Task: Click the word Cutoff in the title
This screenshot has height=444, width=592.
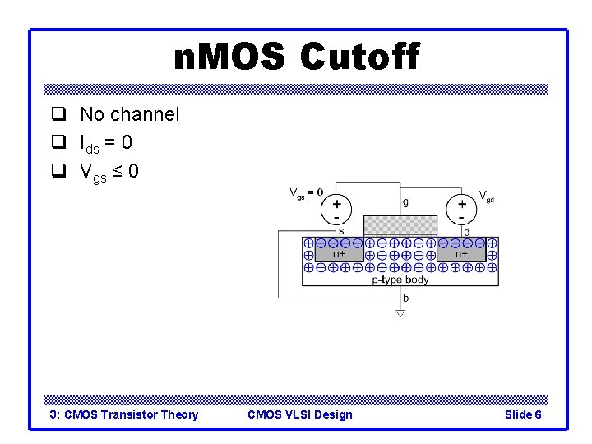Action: [359, 58]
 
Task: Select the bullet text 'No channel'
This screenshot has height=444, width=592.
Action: [129, 114]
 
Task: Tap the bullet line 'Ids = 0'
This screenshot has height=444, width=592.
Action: [106, 143]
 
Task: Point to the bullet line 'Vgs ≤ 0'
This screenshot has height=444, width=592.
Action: [109, 172]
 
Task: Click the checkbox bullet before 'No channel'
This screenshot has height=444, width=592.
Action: [58, 114]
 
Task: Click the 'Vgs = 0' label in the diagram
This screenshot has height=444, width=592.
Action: [307, 194]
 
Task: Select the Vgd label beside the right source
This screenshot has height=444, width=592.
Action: [487, 197]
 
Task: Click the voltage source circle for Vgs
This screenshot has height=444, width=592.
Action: [337, 209]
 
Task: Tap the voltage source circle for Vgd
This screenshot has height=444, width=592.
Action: [462, 209]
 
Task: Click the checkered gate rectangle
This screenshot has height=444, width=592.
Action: [400, 224]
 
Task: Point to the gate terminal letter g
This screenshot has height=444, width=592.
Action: [405, 201]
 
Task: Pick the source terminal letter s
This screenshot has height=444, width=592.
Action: [341, 231]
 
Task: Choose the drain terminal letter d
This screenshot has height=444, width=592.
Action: [467, 231]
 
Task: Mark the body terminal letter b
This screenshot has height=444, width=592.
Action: [405, 298]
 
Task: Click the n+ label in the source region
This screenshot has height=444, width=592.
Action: [338, 254]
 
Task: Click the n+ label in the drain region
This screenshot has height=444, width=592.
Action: [462, 254]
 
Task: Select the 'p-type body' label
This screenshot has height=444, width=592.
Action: [400, 280]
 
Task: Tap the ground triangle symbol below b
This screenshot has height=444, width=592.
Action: [400, 313]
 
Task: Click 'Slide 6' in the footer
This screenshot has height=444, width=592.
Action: [522, 414]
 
